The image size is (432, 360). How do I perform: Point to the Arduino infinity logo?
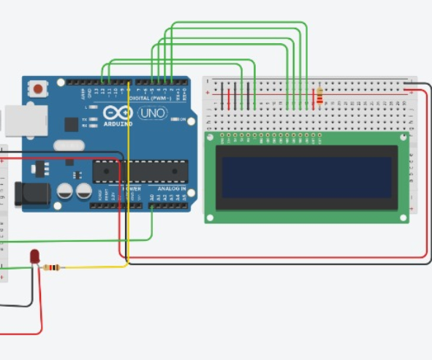coord(118,114)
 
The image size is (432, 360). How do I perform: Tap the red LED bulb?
coord(34,256)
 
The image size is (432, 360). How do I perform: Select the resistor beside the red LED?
coord(52,267)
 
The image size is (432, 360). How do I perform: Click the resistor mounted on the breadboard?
coord(319,96)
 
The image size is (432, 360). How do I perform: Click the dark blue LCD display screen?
coord(307,177)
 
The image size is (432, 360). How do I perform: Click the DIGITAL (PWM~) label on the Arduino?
coord(149,97)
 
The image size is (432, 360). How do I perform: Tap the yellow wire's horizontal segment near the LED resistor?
coord(95,267)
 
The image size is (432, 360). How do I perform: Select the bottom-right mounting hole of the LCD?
coord(403,217)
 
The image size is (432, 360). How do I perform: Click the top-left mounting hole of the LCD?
coord(210,137)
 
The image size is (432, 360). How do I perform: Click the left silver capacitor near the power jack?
coord(65,191)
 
